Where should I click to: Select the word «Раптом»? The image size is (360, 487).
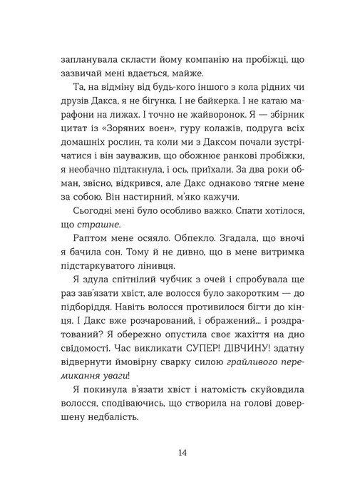point(89,243)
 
